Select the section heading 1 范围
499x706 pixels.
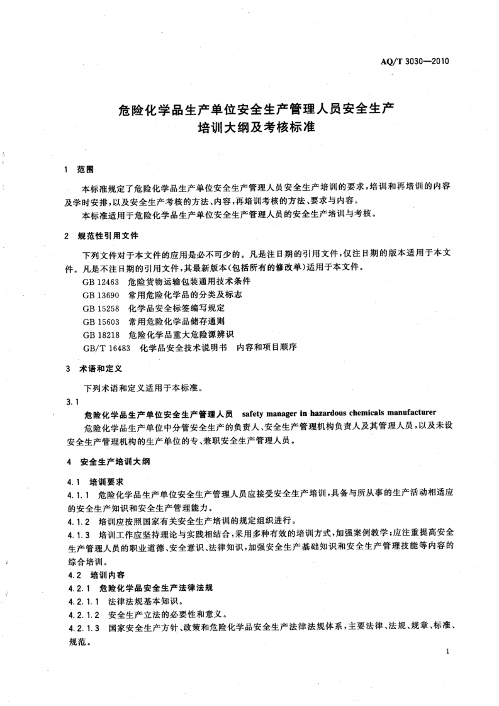point(79,170)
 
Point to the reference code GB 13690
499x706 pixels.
point(100,294)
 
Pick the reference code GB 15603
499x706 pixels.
point(100,321)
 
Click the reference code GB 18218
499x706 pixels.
point(100,333)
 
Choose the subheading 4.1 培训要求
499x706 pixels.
point(90,482)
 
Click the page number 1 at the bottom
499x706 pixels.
point(446,652)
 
